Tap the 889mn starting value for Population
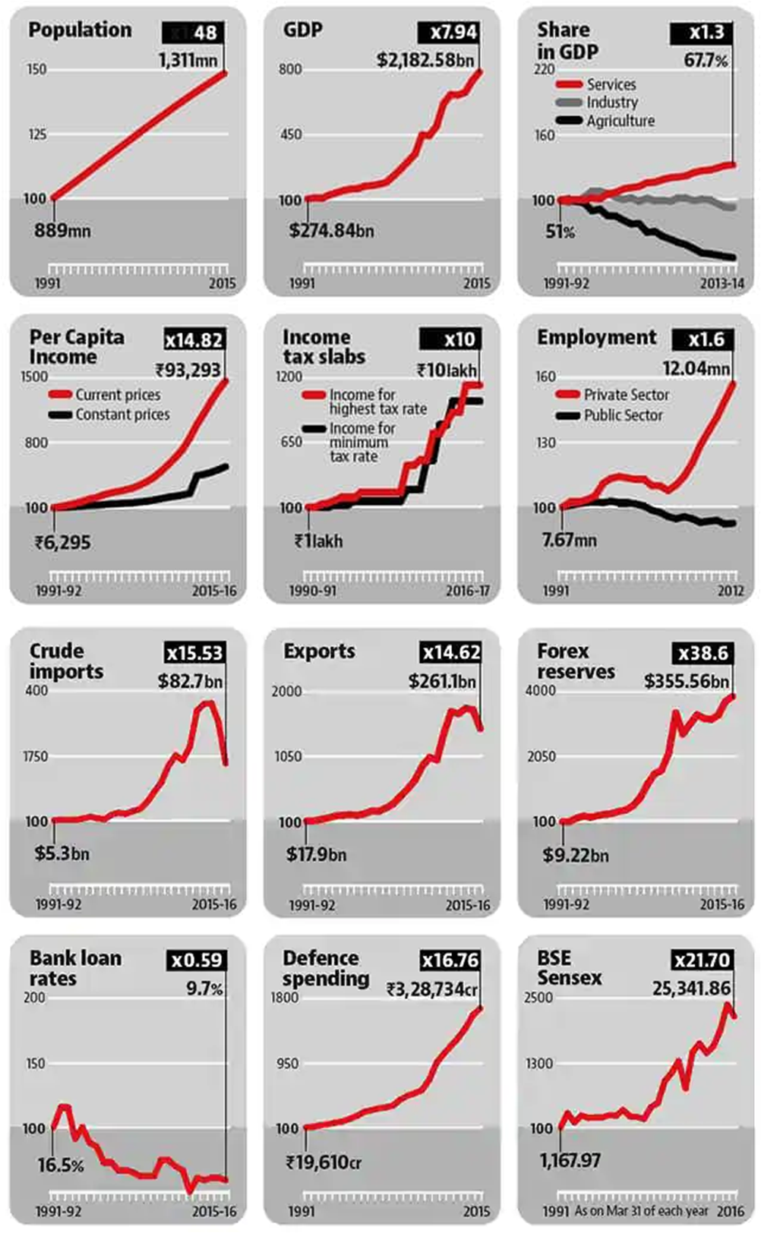(62, 230)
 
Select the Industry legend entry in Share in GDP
(611, 102)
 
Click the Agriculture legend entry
(620, 121)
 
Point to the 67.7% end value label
(706, 60)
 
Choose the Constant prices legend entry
(122, 415)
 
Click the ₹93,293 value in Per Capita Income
(188, 371)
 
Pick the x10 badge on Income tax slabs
(450, 339)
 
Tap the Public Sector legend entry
(623, 415)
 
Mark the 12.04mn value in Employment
(696, 369)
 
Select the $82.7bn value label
(191, 681)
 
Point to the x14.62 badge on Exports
(451, 652)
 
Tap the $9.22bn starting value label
(575, 856)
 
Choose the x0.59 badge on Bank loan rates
(196, 960)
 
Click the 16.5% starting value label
(61, 1165)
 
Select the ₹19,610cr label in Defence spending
(324, 1162)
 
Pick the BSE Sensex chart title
(569, 968)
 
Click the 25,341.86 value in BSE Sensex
(691, 989)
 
